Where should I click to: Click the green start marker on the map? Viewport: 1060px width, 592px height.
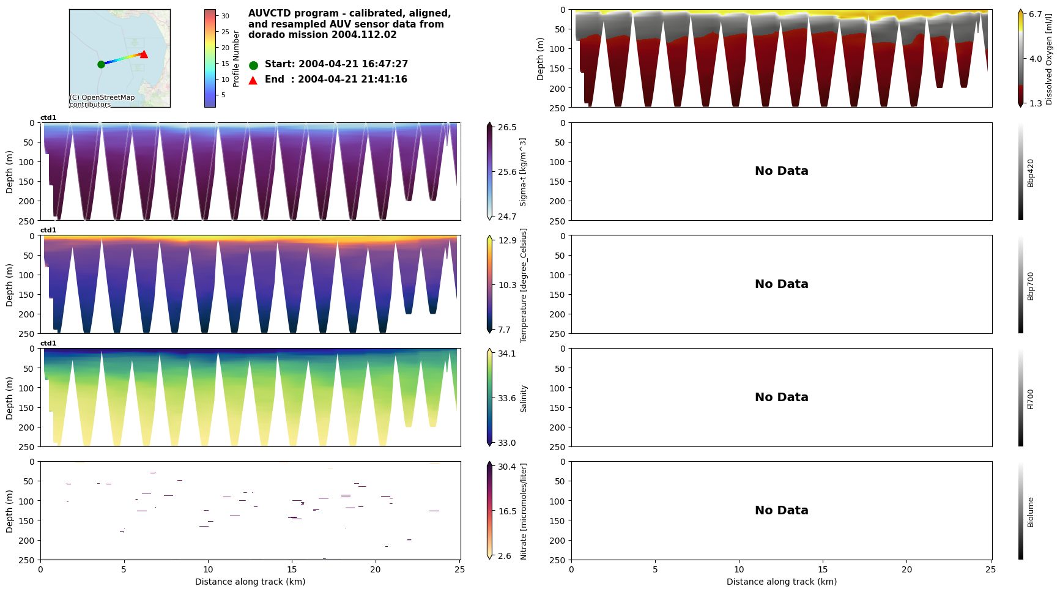101,64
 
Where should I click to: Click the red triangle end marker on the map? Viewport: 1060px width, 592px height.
144,54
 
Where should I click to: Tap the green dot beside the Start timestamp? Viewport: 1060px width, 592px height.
253,65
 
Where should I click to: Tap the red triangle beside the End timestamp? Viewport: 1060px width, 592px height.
253,80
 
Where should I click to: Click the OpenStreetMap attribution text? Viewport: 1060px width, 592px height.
102,101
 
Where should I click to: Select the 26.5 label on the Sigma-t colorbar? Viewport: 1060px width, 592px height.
507,127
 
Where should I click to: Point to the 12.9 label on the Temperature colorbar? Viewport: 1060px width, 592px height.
507,240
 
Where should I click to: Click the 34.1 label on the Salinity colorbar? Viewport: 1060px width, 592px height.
507,353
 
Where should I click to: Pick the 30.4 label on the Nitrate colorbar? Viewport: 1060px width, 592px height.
507,467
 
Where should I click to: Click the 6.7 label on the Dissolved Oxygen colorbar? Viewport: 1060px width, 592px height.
1036,14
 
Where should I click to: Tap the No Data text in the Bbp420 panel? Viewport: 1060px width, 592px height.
781,171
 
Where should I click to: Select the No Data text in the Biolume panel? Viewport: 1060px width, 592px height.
781,511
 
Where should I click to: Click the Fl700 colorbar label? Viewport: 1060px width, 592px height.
1031,399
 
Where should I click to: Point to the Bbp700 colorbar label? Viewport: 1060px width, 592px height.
1031,286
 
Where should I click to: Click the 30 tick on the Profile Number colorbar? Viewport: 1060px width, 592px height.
225,17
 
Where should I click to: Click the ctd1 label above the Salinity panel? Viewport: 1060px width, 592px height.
48,344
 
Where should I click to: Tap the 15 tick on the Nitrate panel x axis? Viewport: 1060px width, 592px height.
292,569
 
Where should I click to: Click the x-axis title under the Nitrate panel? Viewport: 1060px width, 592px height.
250,582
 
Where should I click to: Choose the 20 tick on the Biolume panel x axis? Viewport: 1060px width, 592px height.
906,569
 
